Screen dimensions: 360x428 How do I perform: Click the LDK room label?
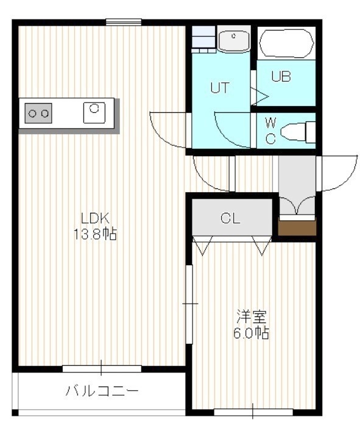pyautogui.click(x=95, y=218)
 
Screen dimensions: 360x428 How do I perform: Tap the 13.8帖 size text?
pyautogui.click(x=95, y=234)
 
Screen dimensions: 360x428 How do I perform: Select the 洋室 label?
pyautogui.click(x=251, y=316)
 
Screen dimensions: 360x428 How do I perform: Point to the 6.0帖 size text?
pyautogui.click(x=251, y=333)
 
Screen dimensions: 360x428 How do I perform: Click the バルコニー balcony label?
pyautogui.click(x=102, y=391)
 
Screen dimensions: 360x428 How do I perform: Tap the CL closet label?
pyautogui.click(x=230, y=218)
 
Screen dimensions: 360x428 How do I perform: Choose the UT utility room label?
pyautogui.click(x=220, y=88)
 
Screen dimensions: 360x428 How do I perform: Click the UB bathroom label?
pyautogui.click(x=281, y=77)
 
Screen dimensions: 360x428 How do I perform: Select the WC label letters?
pyautogui.click(x=270, y=131)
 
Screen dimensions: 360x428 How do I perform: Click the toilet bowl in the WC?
pyautogui.click(x=298, y=133)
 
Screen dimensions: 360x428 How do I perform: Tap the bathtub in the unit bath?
pyautogui.click(x=286, y=43)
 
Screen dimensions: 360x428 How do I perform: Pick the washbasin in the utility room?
pyautogui.click(x=234, y=41)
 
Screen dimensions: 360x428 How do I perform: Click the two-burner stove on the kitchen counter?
pyautogui.click(x=38, y=113)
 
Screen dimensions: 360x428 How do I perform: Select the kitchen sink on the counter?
pyautogui.click(x=94, y=112)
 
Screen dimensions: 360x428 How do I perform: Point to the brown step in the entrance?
pyautogui.click(x=297, y=227)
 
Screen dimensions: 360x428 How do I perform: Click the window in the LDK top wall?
pyautogui.click(x=124, y=22)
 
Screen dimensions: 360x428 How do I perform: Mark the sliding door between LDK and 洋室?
pyautogui.click(x=189, y=304)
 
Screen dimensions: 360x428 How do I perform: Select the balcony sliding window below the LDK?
pyautogui.click(x=102, y=368)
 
